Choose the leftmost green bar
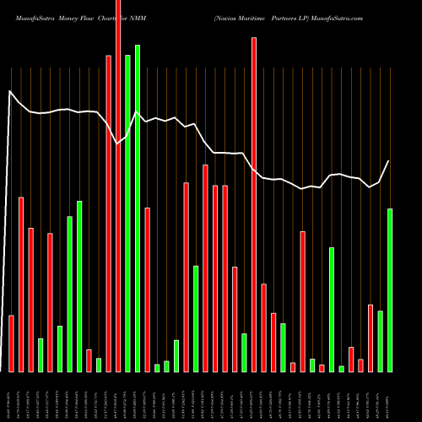[41, 354]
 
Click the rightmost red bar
[371, 338]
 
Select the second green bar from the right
[381, 341]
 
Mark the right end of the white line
[389, 161]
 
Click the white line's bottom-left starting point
[2, 371]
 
